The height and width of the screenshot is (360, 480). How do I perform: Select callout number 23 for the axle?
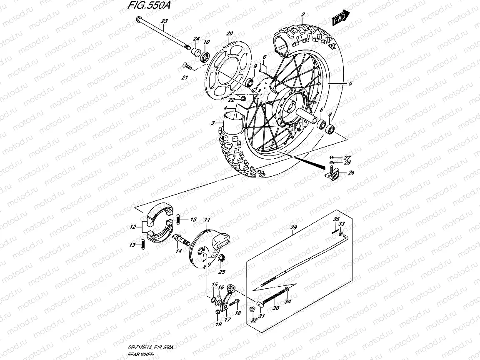click(x=164, y=21)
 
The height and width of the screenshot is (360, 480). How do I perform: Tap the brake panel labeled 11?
click(x=208, y=246)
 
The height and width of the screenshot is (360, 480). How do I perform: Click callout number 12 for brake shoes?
click(x=133, y=227)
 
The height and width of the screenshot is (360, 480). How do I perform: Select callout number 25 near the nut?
click(x=222, y=272)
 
